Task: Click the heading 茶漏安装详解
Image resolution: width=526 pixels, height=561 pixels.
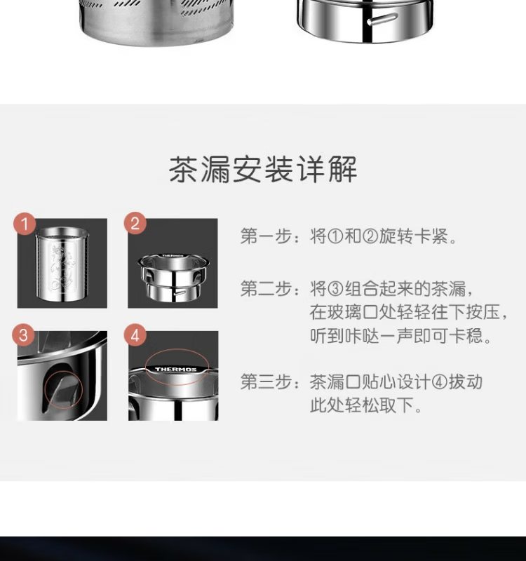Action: point(263,169)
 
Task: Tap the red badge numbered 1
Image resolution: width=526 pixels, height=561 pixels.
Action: point(25,224)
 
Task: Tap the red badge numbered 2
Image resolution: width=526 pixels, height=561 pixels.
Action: point(135,224)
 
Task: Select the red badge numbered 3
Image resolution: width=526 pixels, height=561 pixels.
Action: point(24,335)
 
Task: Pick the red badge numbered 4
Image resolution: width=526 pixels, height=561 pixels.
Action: point(135,336)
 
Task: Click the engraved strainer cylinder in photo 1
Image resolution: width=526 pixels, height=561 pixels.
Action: point(62,264)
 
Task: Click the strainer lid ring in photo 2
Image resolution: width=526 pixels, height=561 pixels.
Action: point(174,276)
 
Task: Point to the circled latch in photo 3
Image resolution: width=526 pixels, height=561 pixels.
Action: point(64,389)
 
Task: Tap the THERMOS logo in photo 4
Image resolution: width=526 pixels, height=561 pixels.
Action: point(175,370)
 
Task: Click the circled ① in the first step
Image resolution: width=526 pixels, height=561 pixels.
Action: point(335,236)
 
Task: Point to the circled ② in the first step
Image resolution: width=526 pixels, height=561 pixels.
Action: point(370,236)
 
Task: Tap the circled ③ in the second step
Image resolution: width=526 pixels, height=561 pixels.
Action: point(335,289)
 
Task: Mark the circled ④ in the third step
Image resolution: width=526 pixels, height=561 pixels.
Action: point(439,382)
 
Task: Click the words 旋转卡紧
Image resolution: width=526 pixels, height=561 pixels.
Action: point(413,236)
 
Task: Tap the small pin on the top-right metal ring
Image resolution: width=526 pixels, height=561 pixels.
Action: point(382,19)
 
